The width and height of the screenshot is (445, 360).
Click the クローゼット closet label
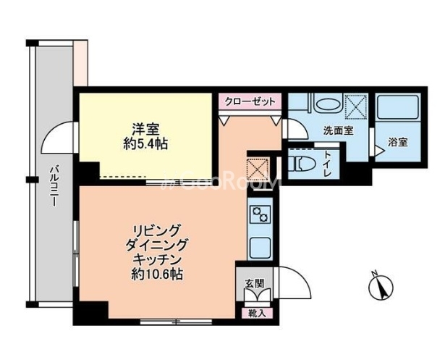[x=250, y=101]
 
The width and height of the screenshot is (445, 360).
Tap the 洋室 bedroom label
[x=145, y=130]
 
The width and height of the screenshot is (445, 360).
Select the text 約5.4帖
[x=145, y=144]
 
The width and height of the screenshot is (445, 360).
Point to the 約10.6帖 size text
[x=157, y=275]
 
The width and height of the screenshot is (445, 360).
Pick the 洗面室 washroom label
[x=338, y=130]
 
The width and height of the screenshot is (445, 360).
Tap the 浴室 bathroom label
[x=398, y=142]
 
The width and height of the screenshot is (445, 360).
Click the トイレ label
[x=328, y=164]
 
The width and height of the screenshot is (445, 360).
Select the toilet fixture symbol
[x=302, y=164]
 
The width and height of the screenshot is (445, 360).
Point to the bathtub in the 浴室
[x=397, y=107]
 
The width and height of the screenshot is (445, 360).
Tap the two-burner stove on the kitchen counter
[x=260, y=214]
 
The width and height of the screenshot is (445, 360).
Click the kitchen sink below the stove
[x=260, y=248]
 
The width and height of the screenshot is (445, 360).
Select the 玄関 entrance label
[x=255, y=283]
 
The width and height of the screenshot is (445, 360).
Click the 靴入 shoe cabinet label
[x=257, y=313]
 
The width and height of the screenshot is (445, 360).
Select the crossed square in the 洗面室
[x=355, y=106]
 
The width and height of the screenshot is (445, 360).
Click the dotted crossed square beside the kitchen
[x=258, y=169]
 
